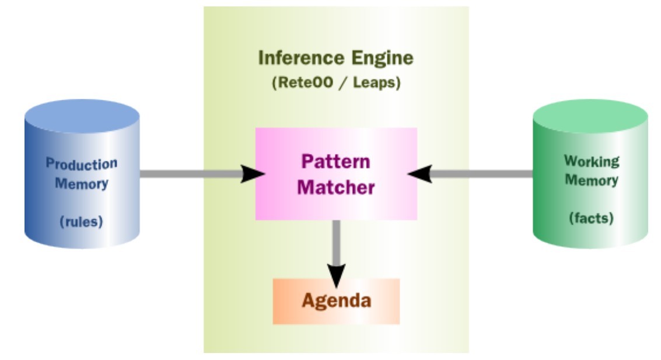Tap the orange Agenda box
click(x=336, y=301)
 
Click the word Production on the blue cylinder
click(x=82, y=163)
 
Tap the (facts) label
click(x=591, y=219)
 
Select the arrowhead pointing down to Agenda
click(x=336, y=272)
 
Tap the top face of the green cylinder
click(x=591, y=112)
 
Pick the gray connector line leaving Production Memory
click(x=187, y=173)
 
